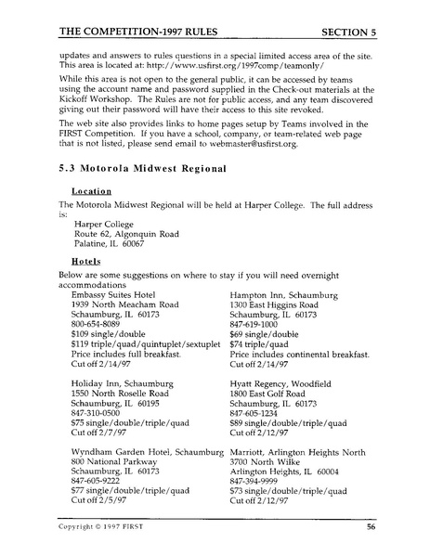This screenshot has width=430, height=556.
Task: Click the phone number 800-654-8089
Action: tap(98, 326)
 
